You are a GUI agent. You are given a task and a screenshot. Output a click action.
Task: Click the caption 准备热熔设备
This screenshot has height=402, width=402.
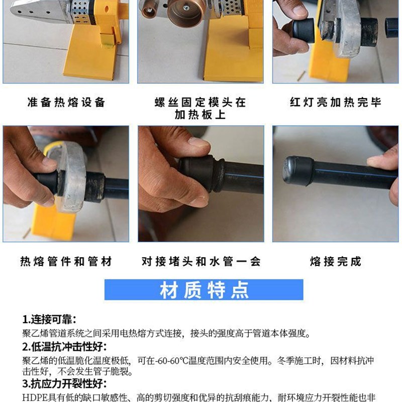pos(66,103)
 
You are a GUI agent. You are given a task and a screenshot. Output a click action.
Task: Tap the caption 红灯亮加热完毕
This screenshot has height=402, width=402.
pos(336,103)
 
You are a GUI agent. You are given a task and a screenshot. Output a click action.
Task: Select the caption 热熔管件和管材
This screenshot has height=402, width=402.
pos(66,261)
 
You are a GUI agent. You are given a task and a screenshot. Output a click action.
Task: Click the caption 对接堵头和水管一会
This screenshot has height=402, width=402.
pos(201,261)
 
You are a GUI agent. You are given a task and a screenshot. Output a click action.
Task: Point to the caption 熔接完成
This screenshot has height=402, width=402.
pos(336,261)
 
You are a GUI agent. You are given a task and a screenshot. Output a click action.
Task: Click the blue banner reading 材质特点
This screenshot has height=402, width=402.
pos(204,290)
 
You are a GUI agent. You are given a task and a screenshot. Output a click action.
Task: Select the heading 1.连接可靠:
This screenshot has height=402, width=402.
pos(49,320)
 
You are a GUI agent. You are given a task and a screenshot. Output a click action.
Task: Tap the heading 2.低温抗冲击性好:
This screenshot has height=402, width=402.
pos(64,347)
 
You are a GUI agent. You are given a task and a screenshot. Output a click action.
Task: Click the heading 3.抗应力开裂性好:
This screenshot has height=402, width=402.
pos(64,385)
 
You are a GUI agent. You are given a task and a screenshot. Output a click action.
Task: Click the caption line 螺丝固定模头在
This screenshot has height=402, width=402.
pos(201,103)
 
